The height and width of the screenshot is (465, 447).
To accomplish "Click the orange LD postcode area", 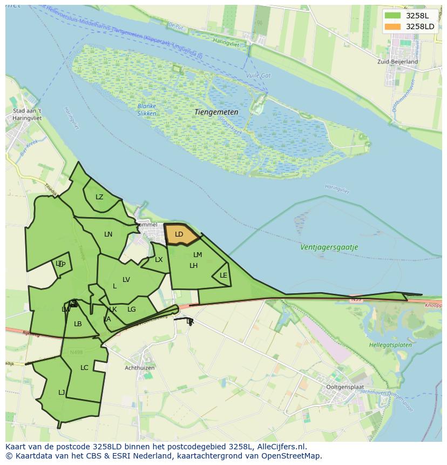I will (x=180, y=234).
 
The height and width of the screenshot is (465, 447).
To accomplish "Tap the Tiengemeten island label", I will (x=216, y=112).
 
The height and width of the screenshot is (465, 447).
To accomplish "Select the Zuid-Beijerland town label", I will (x=398, y=62).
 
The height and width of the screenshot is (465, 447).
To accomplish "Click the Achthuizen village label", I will (x=140, y=368).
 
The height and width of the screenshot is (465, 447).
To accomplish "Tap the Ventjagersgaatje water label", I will (x=329, y=247).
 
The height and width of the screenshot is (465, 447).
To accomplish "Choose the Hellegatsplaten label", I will (x=390, y=345).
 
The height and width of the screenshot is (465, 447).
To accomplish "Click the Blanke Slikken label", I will (x=147, y=110).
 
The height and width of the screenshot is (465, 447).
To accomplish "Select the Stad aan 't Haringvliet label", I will (x=27, y=114).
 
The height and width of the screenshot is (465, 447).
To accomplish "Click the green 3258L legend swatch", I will (x=392, y=16).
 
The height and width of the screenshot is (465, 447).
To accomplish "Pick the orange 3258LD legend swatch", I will (x=392, y=26).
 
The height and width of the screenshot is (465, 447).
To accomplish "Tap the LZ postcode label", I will (x=99, y=197).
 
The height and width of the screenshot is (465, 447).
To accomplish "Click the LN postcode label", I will (x=109, y=234).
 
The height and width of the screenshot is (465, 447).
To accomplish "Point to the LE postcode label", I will (x=223, y=275).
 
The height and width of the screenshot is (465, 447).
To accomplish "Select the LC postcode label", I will (x=84, y=368).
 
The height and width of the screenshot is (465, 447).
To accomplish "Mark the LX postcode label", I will (x=159, y=260).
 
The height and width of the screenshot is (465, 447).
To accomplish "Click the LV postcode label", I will (x=126, y=280).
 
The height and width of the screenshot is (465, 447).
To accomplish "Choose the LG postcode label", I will (x=132, y=309).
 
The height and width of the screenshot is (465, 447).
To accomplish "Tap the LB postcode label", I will (x=78, y=324).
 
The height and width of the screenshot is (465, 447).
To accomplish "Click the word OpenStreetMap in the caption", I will (x=292, y=456).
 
